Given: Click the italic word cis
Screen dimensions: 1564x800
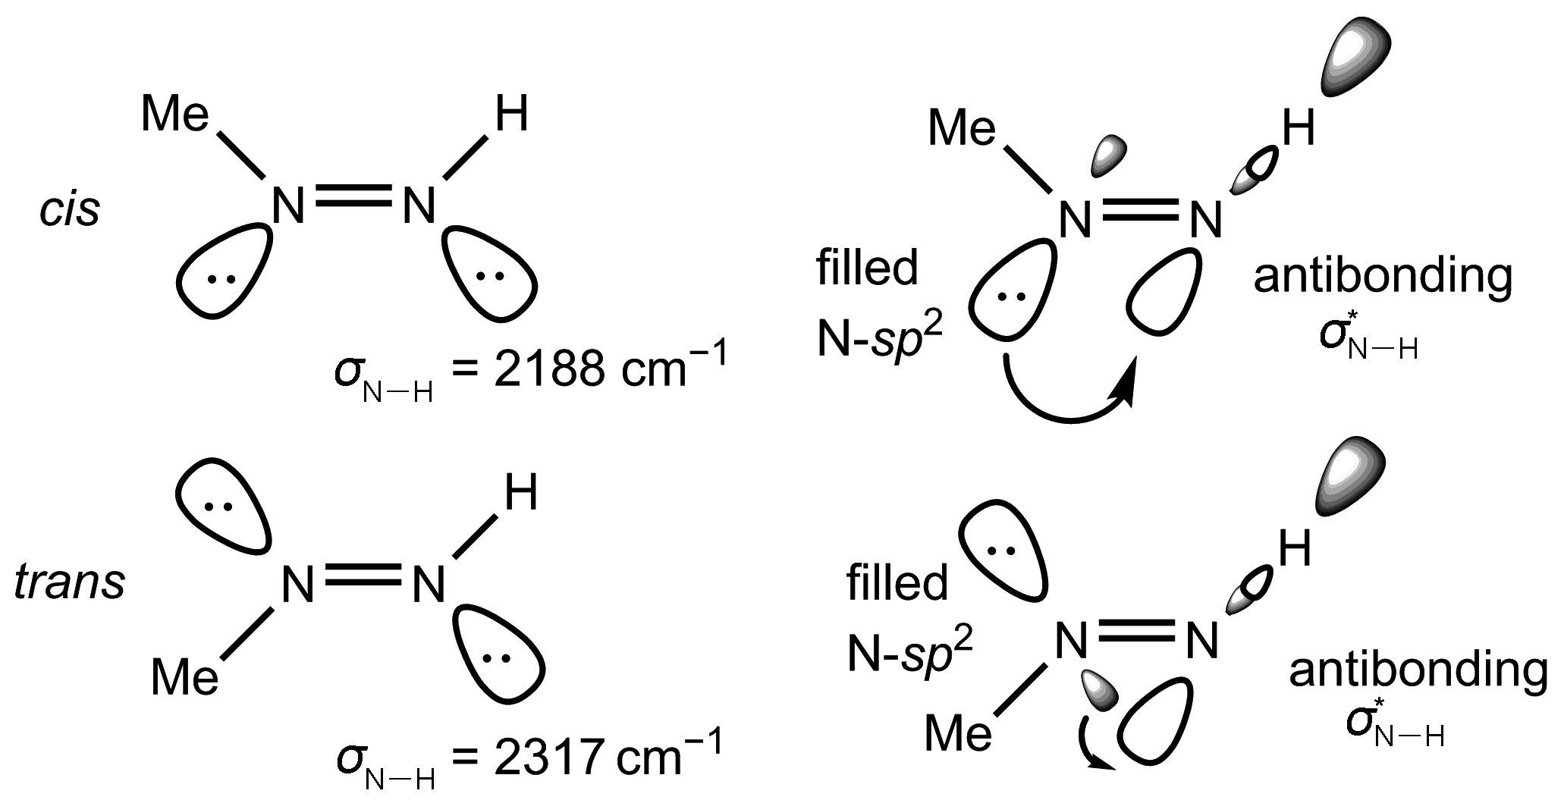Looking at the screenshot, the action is (x=70, y=210).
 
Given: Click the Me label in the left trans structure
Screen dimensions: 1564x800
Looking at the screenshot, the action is (x=185, y=676).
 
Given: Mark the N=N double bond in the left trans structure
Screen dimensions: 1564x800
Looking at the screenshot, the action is (x=363, y=574).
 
